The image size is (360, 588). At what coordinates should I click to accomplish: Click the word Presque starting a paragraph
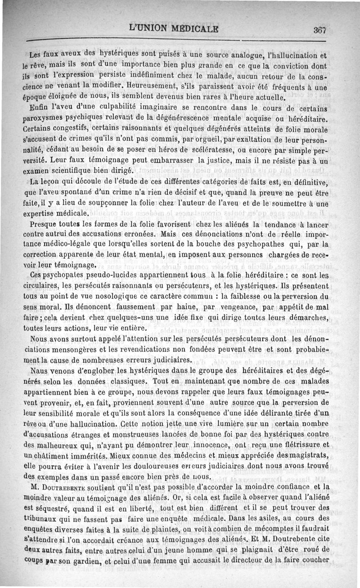point(44,224)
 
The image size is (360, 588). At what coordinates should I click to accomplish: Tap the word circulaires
point(44,286)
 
